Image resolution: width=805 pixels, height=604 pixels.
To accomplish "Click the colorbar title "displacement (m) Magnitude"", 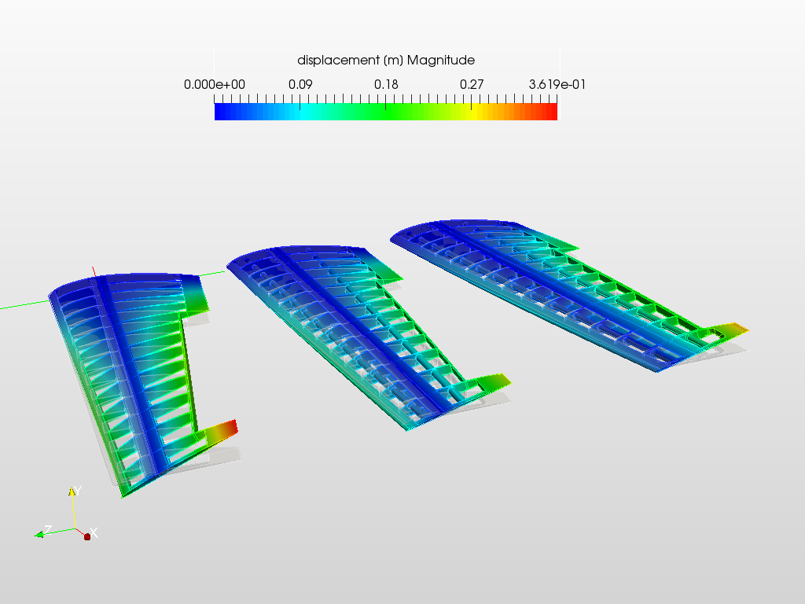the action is click(386, 60).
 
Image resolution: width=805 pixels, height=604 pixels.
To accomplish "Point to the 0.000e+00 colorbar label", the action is click(215, 85).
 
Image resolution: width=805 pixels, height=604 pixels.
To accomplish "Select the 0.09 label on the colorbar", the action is click(300, 85).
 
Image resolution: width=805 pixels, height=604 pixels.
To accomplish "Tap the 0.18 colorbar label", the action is click(386, 85).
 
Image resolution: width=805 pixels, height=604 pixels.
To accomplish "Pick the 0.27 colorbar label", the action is click(472, 85).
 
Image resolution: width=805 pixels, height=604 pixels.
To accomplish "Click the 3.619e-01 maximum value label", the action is click(557, 85).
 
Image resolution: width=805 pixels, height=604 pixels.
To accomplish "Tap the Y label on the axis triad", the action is click(78, 490).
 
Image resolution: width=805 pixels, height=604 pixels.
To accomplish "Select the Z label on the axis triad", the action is click(48, 529).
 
